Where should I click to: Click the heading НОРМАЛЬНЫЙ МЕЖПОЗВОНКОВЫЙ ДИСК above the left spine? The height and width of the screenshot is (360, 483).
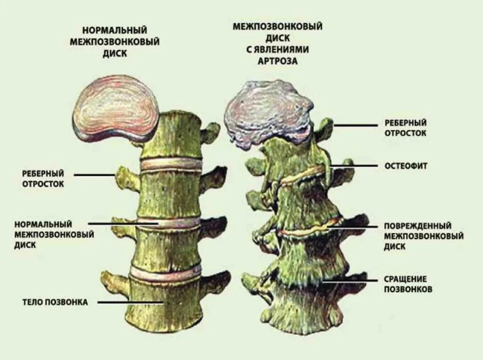[x=114, y=42]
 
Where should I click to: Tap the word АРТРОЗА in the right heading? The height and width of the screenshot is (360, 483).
[x=277, y=61]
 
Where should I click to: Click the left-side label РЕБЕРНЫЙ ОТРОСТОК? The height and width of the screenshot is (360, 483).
[x=43, y=178]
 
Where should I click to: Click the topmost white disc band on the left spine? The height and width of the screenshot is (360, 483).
[x=171, y=164]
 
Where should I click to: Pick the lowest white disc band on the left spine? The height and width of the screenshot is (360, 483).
[x=165, y=273]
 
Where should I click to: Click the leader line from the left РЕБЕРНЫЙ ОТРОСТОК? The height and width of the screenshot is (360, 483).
[x=94, y=175]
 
